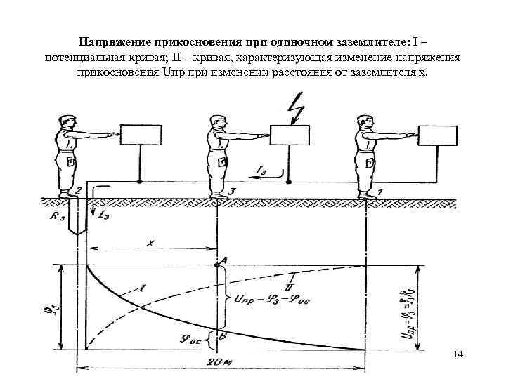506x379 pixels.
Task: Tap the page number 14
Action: [459, 356]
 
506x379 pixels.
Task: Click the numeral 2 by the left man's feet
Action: [79, 189]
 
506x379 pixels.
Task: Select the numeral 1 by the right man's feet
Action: [380, 190]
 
